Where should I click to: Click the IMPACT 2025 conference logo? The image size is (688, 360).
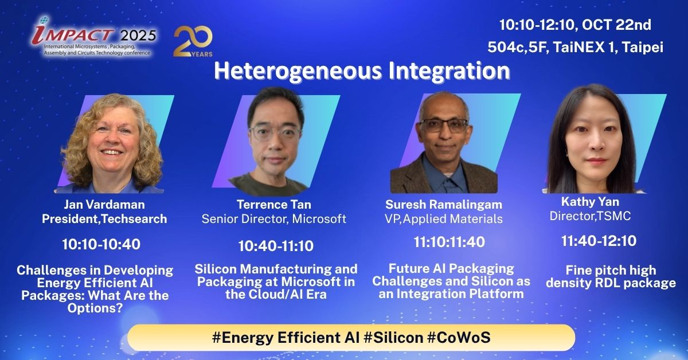(x=93, y=37)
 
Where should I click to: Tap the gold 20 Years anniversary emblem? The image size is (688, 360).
(x=193, y=41)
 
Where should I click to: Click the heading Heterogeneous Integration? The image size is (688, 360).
(x=362, y=71)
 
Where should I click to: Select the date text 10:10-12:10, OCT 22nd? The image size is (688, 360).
(x=575, y=25)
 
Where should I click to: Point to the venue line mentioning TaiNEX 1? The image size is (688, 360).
(x=575, y=47)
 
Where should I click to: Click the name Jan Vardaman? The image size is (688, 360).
(x=104, y=205)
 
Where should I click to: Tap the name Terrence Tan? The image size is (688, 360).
(x=274, y=205)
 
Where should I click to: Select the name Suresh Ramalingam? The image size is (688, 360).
(x=444, y=205)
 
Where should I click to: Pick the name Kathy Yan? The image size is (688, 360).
(x=590, y=202)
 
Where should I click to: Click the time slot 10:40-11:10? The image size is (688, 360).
(x=276, y=246)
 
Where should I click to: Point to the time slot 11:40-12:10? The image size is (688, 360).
(x=599, y=241)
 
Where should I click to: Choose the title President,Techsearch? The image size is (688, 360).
(x=104, y=219)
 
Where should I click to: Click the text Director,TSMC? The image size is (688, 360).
(x=590, y=216)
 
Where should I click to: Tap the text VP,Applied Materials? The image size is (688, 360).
(x=444, y=219)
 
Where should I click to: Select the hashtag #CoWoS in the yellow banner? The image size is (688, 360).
(x=459, y=338)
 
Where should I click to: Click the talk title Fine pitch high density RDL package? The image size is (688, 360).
(x=611, y=277)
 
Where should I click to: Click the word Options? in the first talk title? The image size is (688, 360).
(x=95, y=308)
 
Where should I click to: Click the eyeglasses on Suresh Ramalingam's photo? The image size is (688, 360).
(x=443, y=126)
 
